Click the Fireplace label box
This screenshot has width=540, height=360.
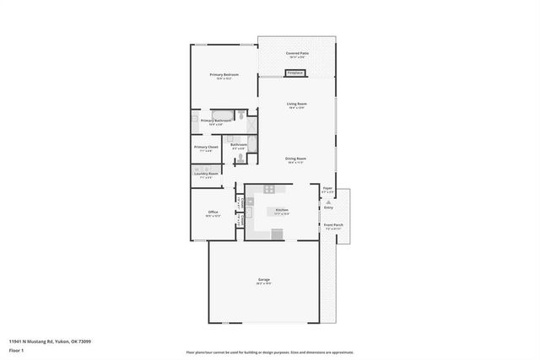coord(294,73)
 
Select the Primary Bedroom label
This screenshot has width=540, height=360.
coord(224,76)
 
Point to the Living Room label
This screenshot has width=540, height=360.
coord(295,105)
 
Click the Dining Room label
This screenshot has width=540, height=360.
coord(295,159)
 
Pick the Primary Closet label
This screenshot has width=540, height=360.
coord(207,148)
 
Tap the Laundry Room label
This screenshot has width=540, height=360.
coord(207,175)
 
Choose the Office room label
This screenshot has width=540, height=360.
coord(213,212)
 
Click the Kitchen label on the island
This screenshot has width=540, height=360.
coord(282,211)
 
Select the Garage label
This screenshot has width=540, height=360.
coord(264,281)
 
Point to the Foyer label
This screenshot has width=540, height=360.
coord(327,190)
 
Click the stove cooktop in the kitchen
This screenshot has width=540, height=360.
coord(270,189)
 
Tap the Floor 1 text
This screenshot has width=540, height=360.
coord(16,350)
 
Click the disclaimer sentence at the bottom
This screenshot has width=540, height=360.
coord(269,353)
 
